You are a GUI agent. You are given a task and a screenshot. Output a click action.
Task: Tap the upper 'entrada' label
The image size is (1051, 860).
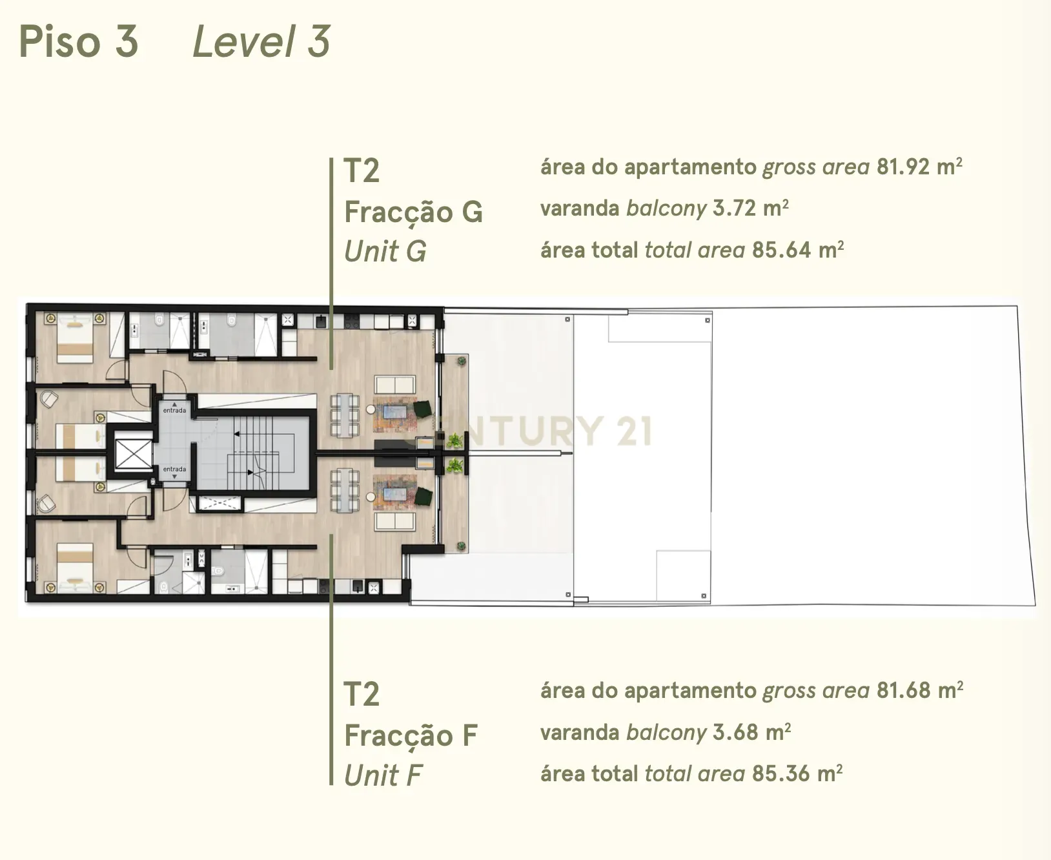click(x=174, y=411)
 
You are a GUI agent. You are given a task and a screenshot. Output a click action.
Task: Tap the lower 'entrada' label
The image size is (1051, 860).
click(x=174, y=469)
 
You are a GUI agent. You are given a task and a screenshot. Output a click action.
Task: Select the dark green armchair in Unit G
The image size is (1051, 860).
click(x=422, y=409)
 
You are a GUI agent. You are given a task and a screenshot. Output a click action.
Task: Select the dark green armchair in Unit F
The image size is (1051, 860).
click(x=422, y=497)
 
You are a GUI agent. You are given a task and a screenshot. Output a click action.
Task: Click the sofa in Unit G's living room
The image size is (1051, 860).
click(x=394, y=385)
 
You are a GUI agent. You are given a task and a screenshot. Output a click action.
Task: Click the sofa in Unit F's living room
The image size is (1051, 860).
click(x=394, y=521)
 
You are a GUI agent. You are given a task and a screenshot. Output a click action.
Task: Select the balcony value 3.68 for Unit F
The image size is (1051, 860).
click(x=735, y=732)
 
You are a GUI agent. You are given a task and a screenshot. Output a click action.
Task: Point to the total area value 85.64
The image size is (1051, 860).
click(x=781, y=250)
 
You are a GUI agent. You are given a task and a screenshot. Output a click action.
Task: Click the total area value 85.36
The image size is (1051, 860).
click(x=781, y=773)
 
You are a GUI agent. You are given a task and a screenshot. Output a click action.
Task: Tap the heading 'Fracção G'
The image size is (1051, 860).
click(x=413, y=212)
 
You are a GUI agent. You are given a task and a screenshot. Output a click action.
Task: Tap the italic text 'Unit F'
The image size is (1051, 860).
click(x=383, y=775)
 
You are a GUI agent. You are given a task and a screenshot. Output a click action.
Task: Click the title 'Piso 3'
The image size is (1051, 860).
click(x=79, y=41)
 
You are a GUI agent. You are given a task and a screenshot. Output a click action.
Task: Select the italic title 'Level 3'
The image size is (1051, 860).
click(x=261, y=41)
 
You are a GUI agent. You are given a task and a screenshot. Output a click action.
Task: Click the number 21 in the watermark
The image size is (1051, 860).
click(x=634, y=431)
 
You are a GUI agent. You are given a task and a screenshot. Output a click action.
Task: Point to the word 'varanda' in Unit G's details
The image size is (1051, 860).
click(x=580, y=209)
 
